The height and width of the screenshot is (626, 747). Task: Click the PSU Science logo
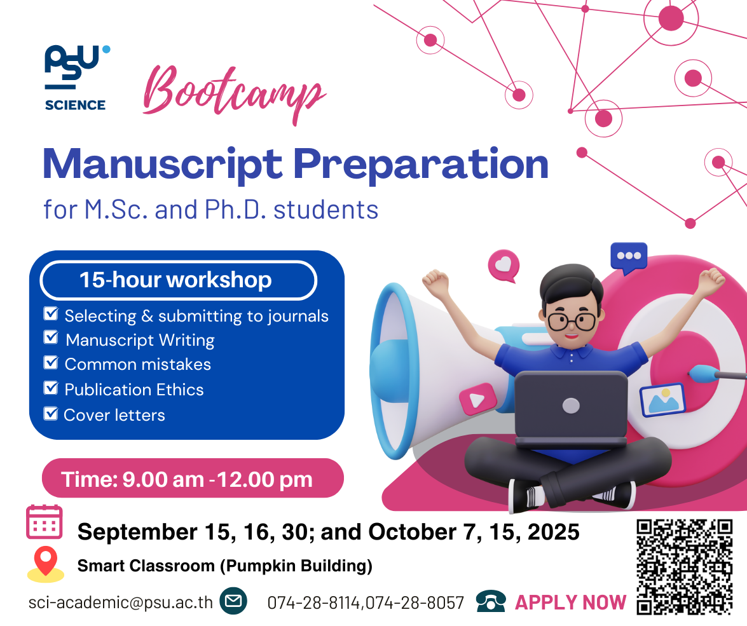coord(76,78)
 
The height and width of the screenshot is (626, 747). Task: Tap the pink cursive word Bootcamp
coord(235,94)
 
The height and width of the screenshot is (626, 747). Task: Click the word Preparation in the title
coord(420,165)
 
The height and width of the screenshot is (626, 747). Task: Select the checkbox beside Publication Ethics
coord(50,388)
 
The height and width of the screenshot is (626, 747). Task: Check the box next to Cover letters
coord(50,413)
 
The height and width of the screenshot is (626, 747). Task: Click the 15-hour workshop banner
coord(178,280)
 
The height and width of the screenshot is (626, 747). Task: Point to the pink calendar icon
coord(45,522)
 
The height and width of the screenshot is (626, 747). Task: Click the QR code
coord(684,567)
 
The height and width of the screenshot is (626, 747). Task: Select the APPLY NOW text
coord(570,602)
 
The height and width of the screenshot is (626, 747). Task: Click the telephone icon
coord(491,601)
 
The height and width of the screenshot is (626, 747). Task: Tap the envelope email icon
coord(233,601)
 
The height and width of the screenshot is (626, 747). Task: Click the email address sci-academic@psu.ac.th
coord(121,602)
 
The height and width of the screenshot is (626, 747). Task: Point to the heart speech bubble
coord(504,265)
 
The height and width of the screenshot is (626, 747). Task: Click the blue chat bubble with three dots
coord(629,258)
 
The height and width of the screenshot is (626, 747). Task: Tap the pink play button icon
coord(478,399)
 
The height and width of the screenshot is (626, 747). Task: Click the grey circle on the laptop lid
coord(571,406)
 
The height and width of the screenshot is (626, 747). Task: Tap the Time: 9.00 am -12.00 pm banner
coord(193,479)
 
